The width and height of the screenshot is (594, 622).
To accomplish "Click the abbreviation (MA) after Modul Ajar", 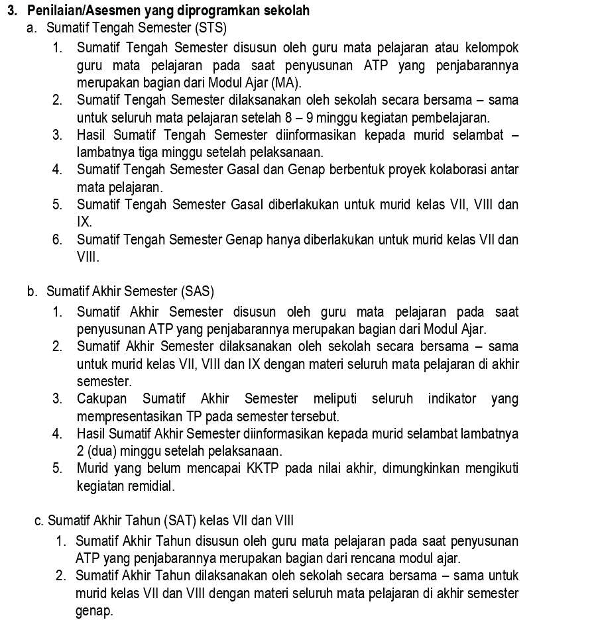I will tap(287, 83).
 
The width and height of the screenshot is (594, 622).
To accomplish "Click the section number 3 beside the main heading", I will tap(12, 11).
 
